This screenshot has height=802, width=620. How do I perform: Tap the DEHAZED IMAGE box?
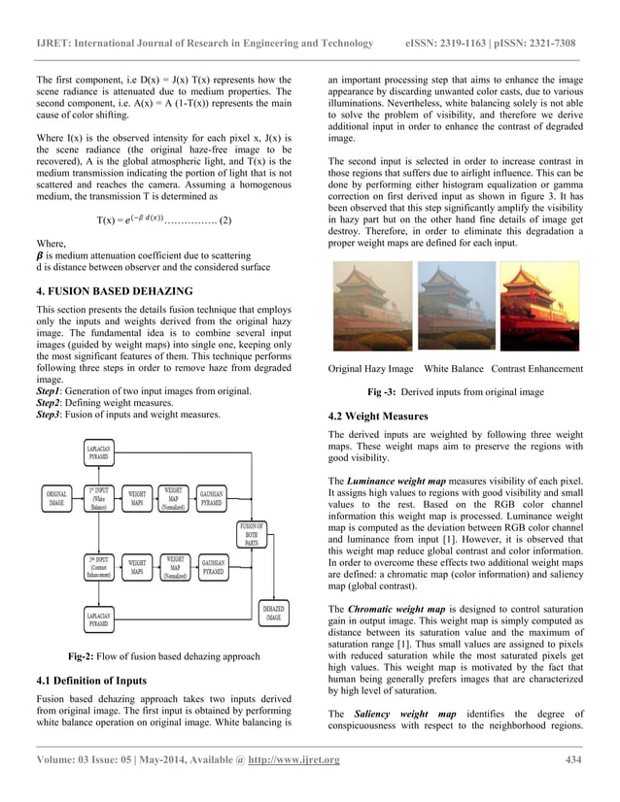pos(273,613)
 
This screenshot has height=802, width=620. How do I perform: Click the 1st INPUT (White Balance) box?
pos(98,499)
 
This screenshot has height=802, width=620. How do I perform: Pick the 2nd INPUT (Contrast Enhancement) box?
pos(98,567)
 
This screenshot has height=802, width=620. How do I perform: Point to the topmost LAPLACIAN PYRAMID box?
pos(99,451)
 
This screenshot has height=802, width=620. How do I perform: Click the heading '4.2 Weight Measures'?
pos(378,417)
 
